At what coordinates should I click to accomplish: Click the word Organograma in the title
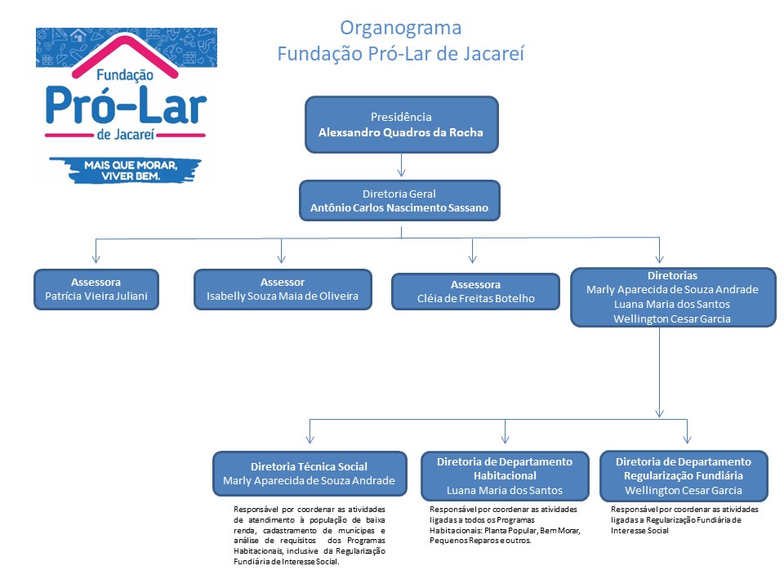click(x=400, y=28)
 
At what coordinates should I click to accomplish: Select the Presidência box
click(x=401, y=124)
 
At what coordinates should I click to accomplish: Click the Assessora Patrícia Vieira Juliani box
click(x=96, y=289)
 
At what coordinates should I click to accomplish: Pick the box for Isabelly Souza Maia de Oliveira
click(x=283, y=289)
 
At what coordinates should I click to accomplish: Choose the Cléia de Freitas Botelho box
click(x=475, y=292)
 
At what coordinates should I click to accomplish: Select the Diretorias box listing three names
click(x=672, y=296)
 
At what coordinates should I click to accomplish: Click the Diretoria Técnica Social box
click(x=309, y=474)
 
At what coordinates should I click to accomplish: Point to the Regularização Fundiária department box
click(x=684, y=475)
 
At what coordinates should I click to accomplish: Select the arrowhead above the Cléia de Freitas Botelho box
click(x=472, y=257)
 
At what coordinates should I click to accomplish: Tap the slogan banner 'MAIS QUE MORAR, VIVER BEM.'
click(x=125, y=170)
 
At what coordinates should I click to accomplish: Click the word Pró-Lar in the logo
click(x=126, y=104)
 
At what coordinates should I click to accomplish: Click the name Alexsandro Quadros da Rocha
click(x=401, y=132)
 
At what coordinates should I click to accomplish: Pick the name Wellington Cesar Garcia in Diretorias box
click(x=672, y=318)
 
